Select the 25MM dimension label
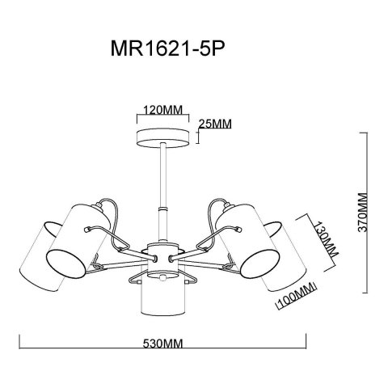click(x=216, y=123)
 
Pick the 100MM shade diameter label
click(x=294, y=305)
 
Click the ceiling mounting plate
click(x=162, y=135)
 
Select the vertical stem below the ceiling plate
click(x=162, y=186)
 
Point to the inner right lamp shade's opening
click(x=254, y=262)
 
